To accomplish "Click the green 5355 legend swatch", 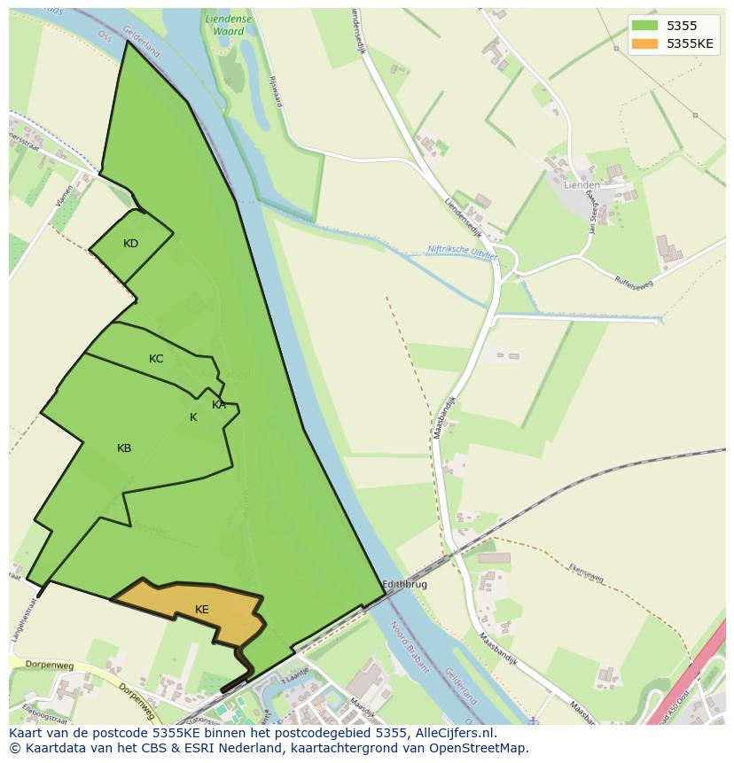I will (x=645, y=27).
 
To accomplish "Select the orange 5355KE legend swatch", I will (x=645, y=43).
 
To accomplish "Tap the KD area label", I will (x=130, y=244).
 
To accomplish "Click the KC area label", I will (x=156, y=359).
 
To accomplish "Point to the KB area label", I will (x=124, y=448).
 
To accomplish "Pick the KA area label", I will (x=219, y=405).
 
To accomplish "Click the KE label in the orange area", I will (x=202, y=610).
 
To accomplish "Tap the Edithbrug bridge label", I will (x=404, y=585).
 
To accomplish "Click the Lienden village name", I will (x=582, y=185).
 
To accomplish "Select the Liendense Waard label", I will (x=227, y=25).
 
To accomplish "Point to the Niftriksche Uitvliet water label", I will (x=462, y=253).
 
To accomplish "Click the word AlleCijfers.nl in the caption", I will (x=454, y=733).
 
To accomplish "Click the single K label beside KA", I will (x=193, y=417).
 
